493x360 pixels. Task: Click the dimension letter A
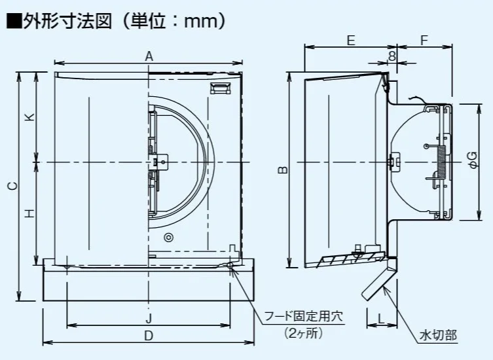[149, 57]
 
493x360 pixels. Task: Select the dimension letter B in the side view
[282, 170]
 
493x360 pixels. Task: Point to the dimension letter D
[149, 335]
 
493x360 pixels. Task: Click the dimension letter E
[351, 41]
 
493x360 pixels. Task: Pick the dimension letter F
[424, 41]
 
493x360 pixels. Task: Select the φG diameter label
[473, 157]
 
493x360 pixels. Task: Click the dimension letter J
[149, 318]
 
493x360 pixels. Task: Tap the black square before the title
[13, 22]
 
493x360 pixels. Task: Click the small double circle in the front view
[169, 237]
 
